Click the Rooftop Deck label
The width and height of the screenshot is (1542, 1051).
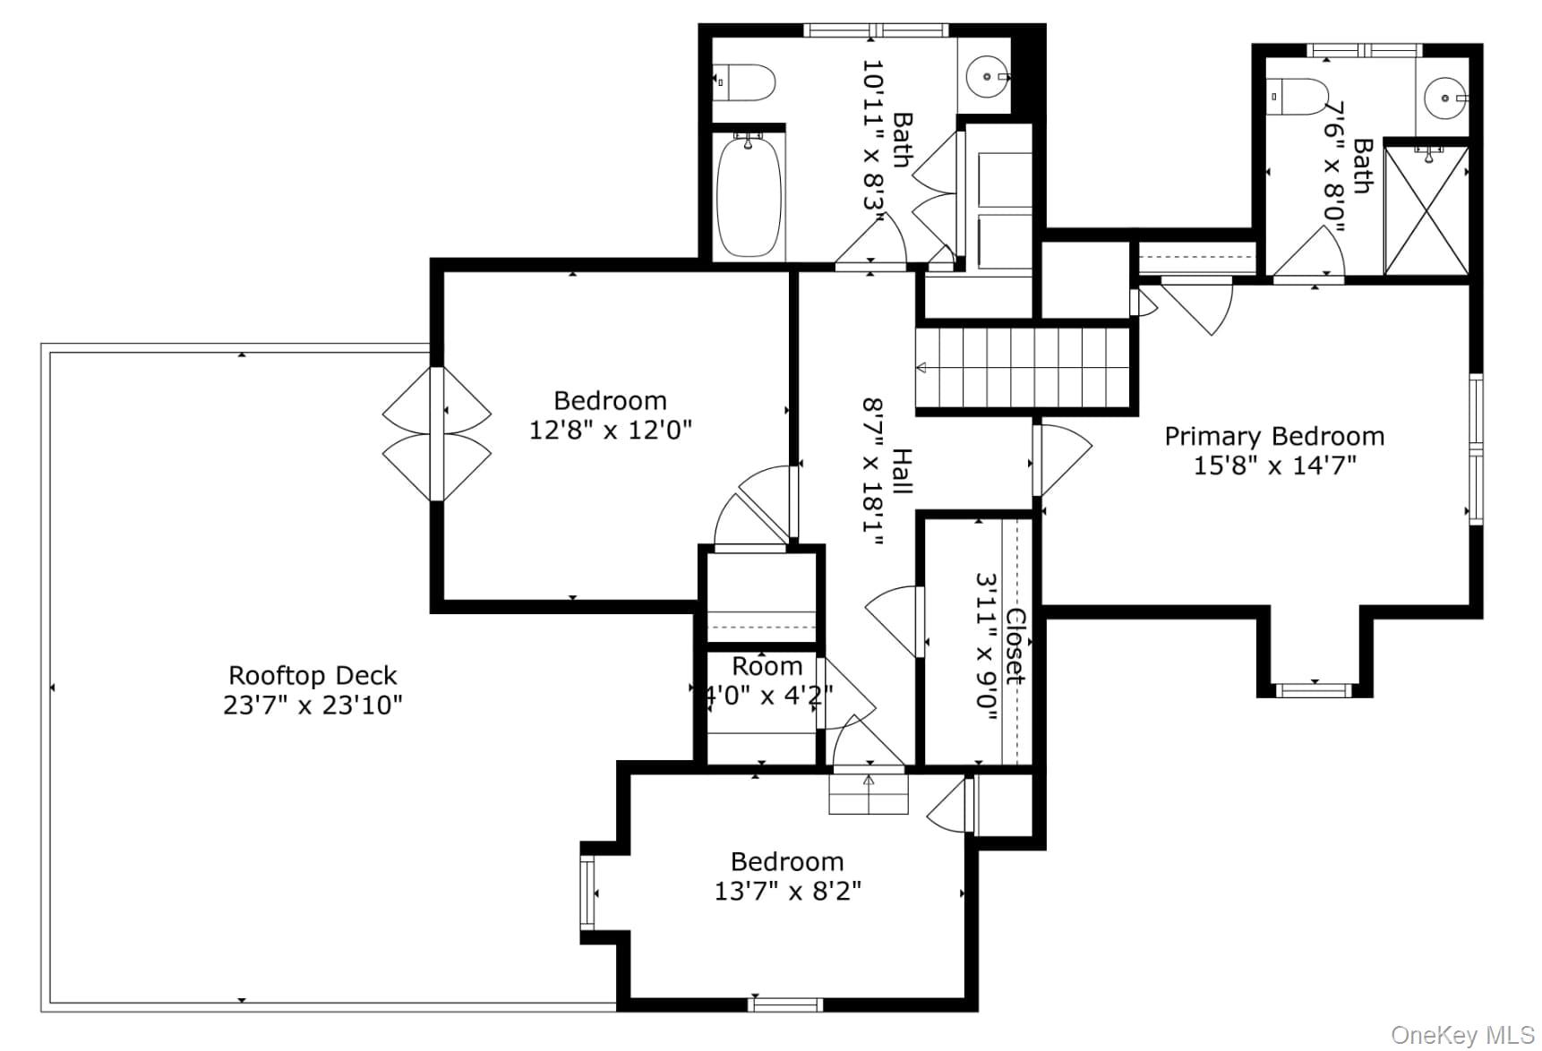[313, 675]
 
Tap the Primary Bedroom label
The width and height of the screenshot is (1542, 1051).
[1274, 436]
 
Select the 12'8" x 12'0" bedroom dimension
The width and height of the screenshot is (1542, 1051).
[611, 430]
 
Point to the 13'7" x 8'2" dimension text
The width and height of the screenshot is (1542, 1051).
[788, 891]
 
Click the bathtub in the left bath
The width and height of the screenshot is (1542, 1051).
[749, 196]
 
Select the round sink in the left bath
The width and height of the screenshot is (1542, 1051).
[988, 77]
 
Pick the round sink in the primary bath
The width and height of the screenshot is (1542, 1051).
[1443, 95]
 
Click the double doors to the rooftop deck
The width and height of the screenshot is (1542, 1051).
[437, 434]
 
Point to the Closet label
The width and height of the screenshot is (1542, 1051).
[1015, 646]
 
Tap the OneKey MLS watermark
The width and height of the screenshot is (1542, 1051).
[1463, 1035]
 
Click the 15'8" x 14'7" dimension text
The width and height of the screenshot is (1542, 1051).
[1274, 466]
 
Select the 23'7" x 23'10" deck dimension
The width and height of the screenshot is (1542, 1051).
[313, 705]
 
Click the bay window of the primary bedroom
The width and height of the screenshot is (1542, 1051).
[1314, 689]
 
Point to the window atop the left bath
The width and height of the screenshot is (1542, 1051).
[875, 30]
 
